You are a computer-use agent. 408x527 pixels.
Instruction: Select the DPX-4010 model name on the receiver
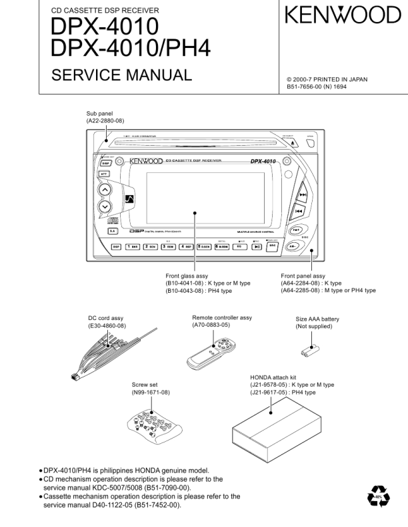(263, 161)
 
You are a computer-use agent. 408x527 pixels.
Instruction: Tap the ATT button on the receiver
(105, 174)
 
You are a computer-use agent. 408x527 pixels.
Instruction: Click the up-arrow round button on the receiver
(105, 190)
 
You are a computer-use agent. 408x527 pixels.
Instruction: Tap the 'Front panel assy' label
(303, 275)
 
